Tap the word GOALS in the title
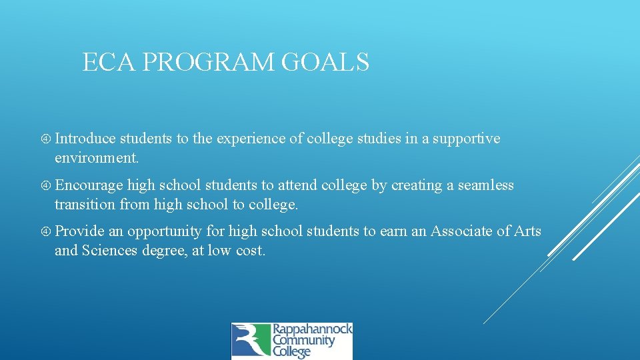coord(326,62)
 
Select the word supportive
coord(467,139)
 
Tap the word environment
coord(97,158)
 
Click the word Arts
coord(527,231)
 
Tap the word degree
coord(177,251)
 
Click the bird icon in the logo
coord(250,341)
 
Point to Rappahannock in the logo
coord(311,330)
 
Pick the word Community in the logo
coord(303,341)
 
